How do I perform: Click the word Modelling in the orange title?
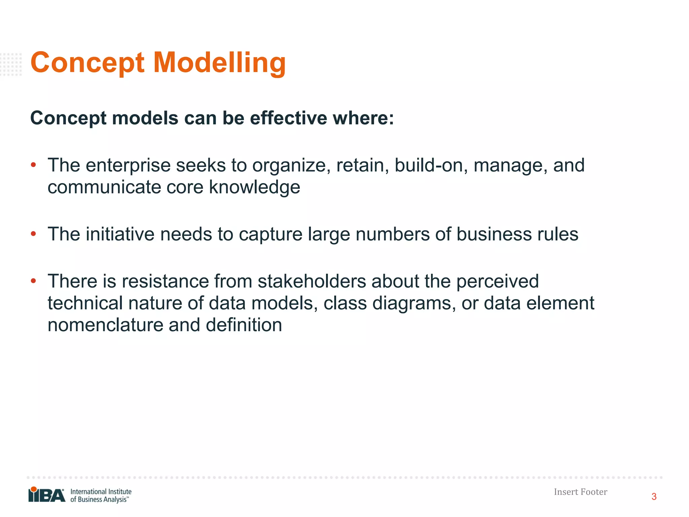point(219,63)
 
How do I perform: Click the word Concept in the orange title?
point(87,63)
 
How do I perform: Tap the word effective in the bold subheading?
point(288,118)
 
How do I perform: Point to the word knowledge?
point(254,187)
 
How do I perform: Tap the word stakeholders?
point(312,281)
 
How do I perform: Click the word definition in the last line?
point(244,325)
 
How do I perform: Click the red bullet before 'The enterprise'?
point(33,165)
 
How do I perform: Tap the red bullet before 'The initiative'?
point(33,234)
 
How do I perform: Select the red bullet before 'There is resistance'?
point(33,281)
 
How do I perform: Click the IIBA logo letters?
point(47,495)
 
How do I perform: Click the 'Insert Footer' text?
point(580,492)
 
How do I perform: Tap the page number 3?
point(654,497)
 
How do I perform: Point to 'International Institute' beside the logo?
point(101,491)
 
